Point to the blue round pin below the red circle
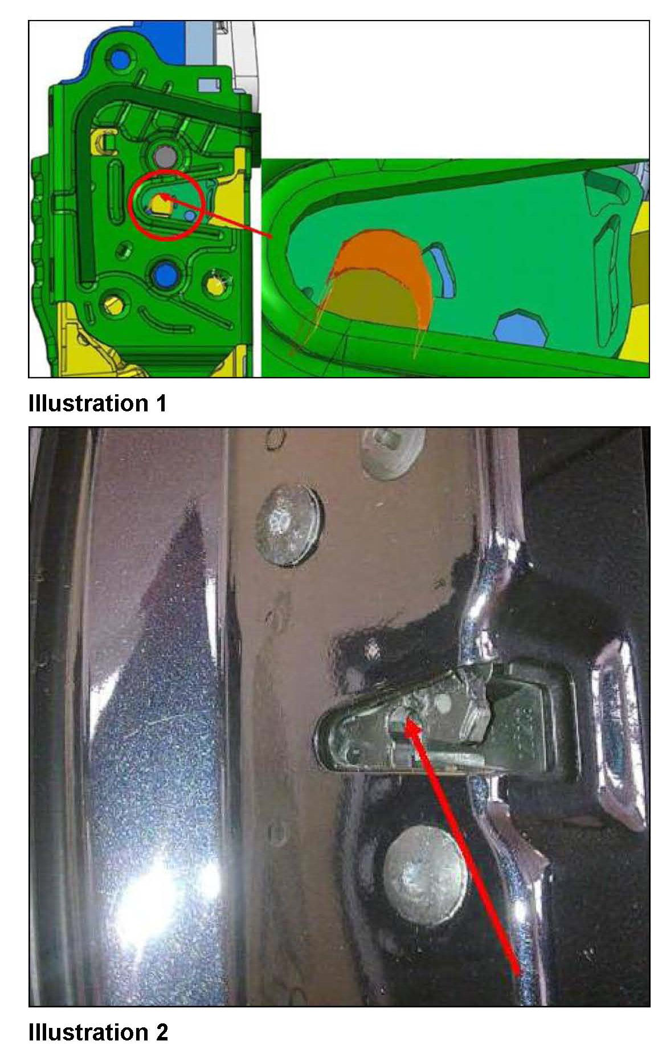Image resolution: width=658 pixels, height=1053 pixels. [164, 274]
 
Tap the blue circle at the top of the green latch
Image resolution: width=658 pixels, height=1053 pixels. [120, 58]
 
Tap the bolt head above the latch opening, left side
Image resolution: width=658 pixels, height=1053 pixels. [288, 523]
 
